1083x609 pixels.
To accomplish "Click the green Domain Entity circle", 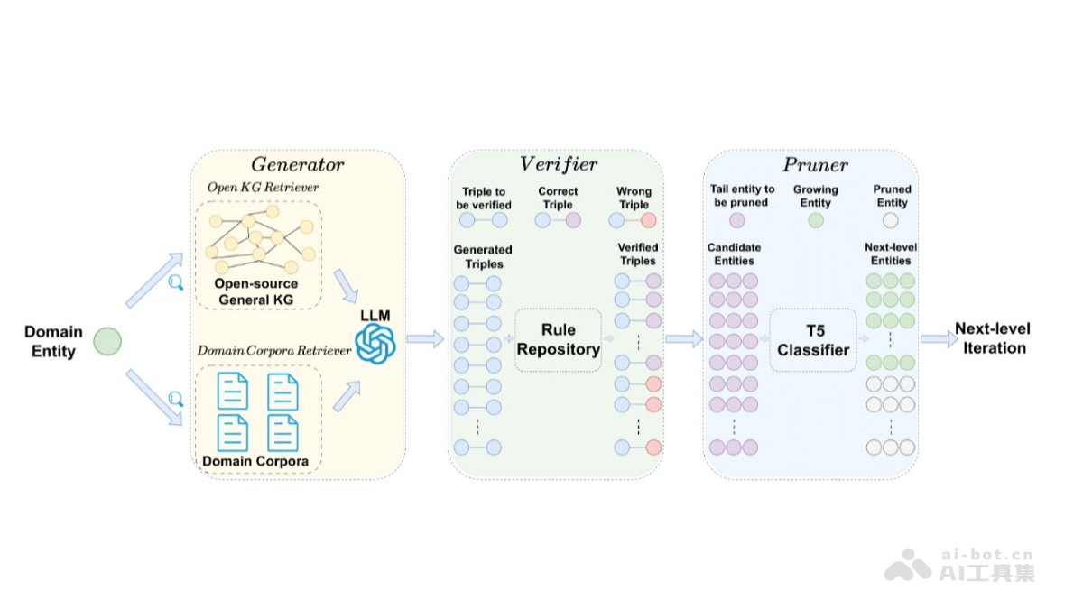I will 107,341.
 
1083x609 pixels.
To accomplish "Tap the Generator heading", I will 297,165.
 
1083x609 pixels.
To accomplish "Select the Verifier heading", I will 558,164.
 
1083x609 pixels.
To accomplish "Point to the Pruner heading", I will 815,165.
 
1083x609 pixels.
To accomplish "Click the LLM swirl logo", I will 375,344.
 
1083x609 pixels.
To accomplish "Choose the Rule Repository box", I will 558,339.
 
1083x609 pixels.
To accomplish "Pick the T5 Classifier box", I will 813,339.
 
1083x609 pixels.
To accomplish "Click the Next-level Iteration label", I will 993,338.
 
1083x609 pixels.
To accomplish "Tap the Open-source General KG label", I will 255,291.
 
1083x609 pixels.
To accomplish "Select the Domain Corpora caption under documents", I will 255,461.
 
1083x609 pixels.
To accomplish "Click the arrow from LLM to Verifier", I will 425,339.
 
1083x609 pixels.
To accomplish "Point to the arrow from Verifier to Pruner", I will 684,339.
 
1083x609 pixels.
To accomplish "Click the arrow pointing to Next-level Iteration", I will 940,339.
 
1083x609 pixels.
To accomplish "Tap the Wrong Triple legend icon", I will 634,219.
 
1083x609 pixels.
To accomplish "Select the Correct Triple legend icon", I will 558,219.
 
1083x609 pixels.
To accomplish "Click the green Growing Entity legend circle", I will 816,219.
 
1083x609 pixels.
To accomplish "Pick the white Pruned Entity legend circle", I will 891,219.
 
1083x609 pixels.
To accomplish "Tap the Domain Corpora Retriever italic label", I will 274,350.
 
